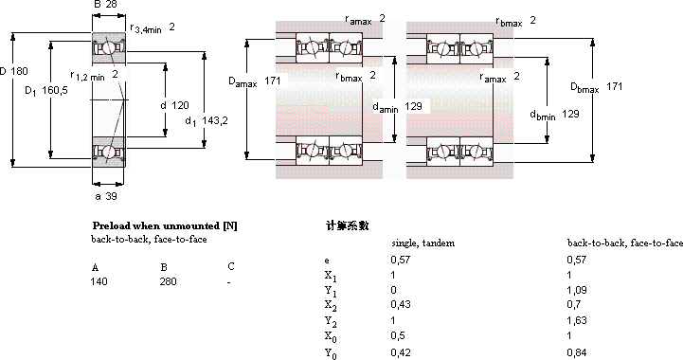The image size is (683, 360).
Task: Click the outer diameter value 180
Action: tap(20, 71)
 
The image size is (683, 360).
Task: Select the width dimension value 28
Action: tap(111, 5)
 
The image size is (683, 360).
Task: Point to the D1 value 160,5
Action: tap(55, 91)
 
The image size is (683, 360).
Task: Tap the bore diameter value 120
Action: tap(180, 105)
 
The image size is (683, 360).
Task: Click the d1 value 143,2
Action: tap(215, 120)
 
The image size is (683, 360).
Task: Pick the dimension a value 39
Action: tap(112, 196)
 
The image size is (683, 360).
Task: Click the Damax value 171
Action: tap(273, 81)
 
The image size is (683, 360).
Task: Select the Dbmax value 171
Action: tap(614, 86)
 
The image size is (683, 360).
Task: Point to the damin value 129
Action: tap(413, 106)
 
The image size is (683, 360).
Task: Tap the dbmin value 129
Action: tap(570, 114)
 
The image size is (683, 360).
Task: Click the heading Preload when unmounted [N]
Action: tap(165, 225)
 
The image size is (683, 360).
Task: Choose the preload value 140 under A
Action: tap(99, 281)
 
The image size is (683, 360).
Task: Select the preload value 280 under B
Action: tap(168, 281)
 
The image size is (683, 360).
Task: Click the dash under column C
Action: tap(228, 282)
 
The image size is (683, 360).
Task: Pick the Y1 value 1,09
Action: tap(577, 290)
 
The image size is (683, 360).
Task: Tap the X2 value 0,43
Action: tap(401, 304)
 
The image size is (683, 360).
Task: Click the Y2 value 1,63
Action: tap(577, 320)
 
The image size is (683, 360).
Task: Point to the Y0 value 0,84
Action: tap(577, 352)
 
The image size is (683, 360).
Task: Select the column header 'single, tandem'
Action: tap(422, 243)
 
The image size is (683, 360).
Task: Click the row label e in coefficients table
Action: tap(327, 261)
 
